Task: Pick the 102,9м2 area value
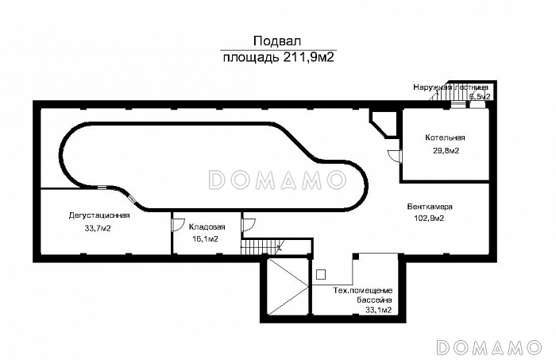[x=429, y=218]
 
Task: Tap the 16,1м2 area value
[x=206, y=238]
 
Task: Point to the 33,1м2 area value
[x=378, y=311]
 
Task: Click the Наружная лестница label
[x=450, y=87]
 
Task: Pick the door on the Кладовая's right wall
[x=247, y=225]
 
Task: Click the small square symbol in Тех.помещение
[x=320, y=274]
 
